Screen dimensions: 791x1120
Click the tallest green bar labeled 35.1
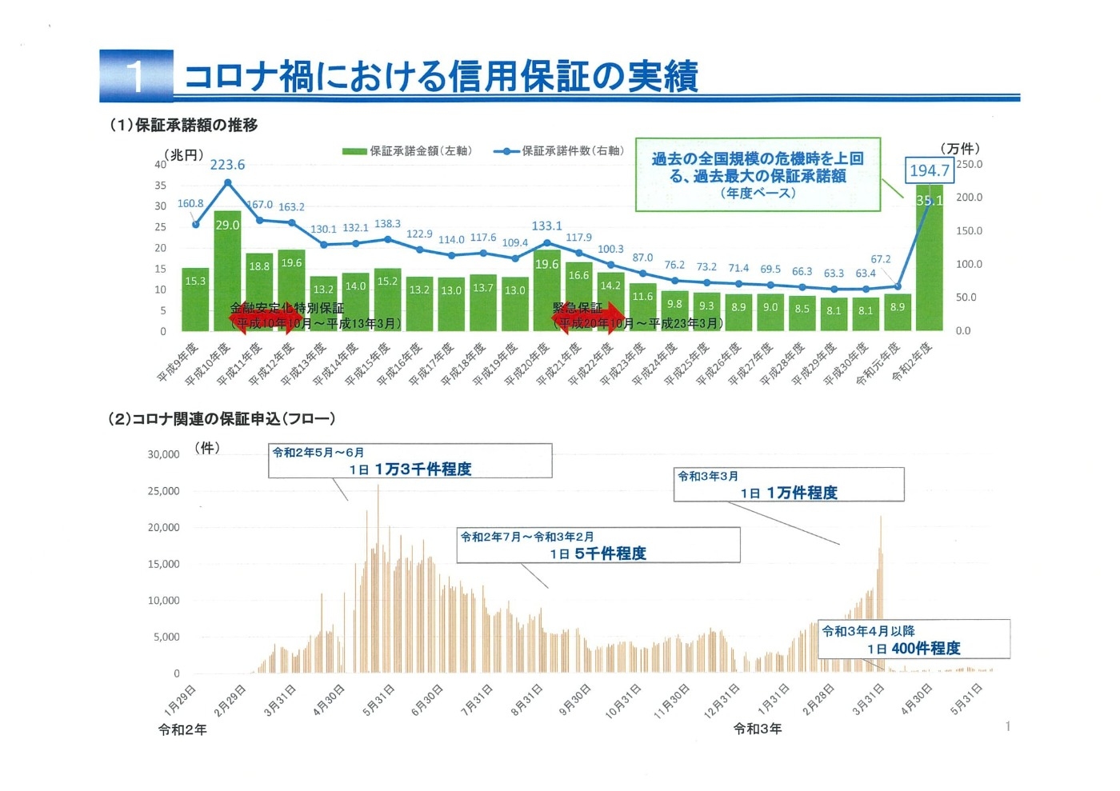coord(929,264)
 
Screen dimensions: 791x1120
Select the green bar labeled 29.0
coord(227,272)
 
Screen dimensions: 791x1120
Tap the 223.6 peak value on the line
coord(227,165)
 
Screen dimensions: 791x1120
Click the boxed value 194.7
coord(929,170)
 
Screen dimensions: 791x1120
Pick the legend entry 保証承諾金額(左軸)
coord(407,151)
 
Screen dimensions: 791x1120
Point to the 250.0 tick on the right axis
coord(969,164)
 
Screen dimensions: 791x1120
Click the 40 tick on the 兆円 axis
coord(161,165)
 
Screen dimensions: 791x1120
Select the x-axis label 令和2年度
coord(913,361)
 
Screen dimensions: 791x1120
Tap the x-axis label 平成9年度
coord(178,362)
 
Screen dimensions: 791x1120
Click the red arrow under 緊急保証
coord(589,318)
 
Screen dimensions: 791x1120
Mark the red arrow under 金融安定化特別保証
coord(263,318)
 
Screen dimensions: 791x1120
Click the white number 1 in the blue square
coord(136,77)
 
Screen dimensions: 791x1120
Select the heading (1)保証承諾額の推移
coord(183,125)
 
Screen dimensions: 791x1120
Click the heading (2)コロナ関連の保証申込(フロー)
coord(222,418)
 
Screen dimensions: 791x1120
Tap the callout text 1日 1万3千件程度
coord(410,469)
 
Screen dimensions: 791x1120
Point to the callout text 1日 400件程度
coord(914,649)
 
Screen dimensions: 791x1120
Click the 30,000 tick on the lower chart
coord(163,454)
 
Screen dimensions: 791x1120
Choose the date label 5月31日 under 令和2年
coord(379,699)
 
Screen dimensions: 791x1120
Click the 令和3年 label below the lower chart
coord(757,729)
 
